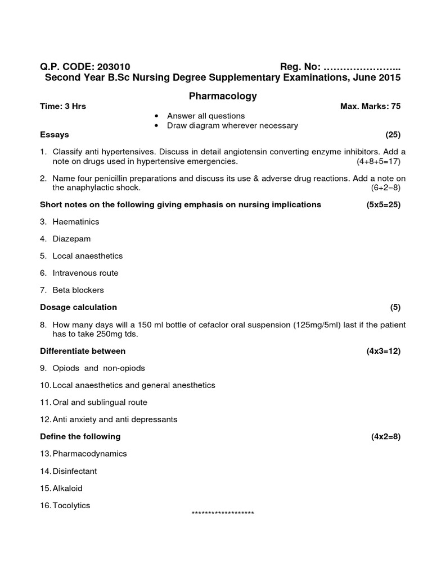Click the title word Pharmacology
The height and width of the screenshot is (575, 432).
point(223,96)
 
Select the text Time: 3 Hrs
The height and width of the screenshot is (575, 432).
point(63,106)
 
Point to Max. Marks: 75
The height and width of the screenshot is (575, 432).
point(371,106)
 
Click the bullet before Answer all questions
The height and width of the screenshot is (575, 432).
point(156,116)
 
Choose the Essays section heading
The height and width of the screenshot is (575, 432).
point(55,135)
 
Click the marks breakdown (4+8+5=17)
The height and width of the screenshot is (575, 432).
point(378,162)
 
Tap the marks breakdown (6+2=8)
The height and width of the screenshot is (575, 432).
point(385,187)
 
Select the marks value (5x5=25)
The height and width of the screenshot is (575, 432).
point(383,204)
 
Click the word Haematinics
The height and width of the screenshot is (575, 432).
point(76,222)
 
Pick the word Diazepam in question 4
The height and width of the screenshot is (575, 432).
point(71,239)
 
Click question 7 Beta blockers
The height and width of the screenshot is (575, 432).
point(78,290)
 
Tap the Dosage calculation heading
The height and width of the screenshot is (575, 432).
point(79,307)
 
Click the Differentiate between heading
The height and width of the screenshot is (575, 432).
point(83,351)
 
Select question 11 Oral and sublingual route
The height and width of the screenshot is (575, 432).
point(100,402)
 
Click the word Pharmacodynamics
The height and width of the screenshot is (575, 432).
point(90,454)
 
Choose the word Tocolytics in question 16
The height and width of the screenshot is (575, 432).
point(71,505)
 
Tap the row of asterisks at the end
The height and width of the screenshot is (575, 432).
point(223,513)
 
